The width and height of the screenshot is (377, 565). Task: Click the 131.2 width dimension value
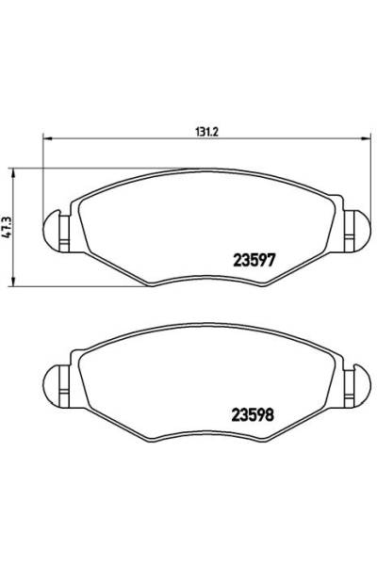click(x=205, y=132)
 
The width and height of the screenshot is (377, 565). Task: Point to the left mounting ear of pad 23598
click(x=56, y=379)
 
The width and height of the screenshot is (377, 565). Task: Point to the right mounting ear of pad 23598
click(x=355, y=379)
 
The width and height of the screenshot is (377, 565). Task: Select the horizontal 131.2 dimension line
click(x=141, y=143)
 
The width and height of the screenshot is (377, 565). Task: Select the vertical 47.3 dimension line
click(x=13, y=254)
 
